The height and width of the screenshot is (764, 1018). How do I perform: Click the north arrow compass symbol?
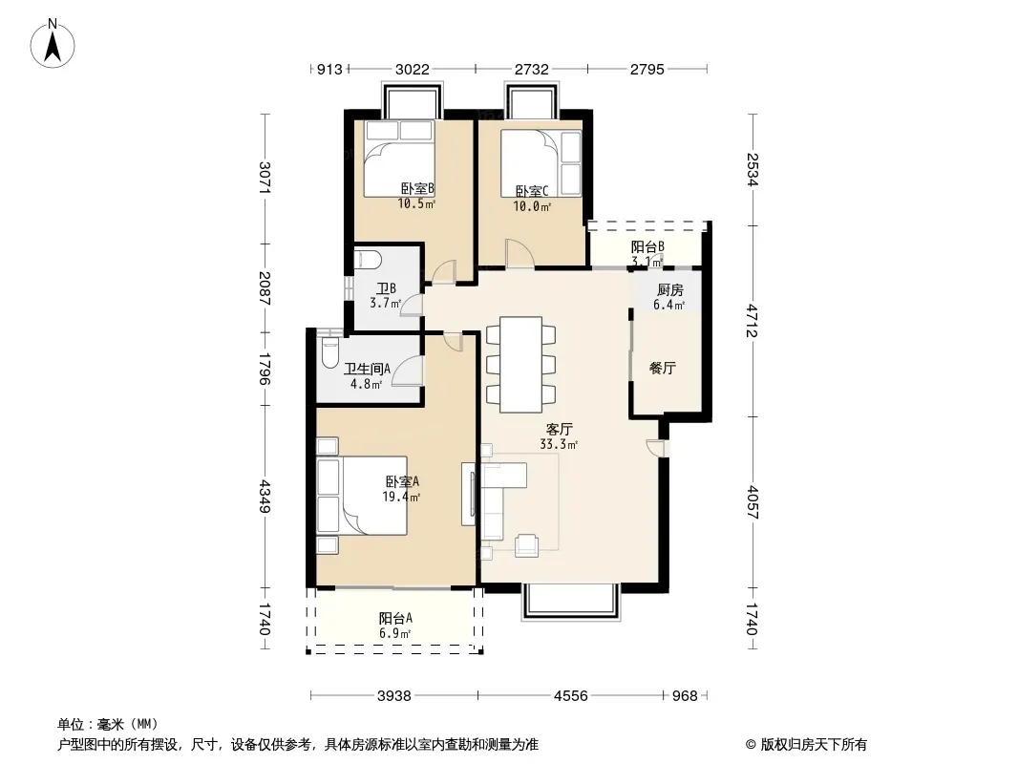point(53,43)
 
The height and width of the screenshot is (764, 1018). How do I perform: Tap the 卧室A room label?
point(403,481)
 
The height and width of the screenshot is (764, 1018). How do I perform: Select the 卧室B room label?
point(416,189)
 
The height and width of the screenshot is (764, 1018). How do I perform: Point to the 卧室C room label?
point(532,192)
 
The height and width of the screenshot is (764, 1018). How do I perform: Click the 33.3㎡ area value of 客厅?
point(559,445)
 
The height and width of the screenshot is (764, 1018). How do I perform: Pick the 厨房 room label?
point(669,290)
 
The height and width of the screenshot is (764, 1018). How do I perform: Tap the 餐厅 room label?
point(663,368)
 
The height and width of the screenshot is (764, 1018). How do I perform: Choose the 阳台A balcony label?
point(395,619)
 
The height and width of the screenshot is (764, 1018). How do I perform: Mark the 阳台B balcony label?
point(647,247)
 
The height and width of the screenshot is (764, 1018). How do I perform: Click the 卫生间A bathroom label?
point(367,370)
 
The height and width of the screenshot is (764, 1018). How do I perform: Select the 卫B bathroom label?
point(387,288)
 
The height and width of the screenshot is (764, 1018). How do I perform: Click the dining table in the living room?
point(520,364)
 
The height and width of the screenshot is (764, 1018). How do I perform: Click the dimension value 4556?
point(571,696)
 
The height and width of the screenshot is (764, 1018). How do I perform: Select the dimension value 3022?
point(413,69)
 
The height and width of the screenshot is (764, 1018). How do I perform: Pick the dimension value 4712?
point(752,321)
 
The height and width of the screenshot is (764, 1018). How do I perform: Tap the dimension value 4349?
point(265,496)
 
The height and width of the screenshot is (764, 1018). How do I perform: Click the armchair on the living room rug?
point(526,545)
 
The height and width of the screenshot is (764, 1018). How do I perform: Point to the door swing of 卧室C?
point(520,252)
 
